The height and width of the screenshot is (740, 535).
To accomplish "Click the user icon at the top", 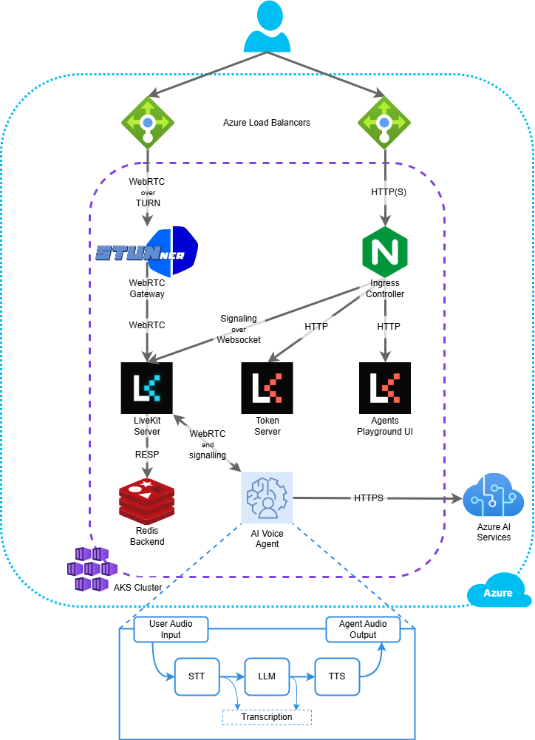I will coord(267,27).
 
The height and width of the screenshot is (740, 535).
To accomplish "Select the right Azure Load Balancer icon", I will coord(384,121).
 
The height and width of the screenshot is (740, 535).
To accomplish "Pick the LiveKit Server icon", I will coord(146,387).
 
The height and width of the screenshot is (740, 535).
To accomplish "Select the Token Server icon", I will coord(267,387).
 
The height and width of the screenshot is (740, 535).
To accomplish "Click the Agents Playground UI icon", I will coord(384,387).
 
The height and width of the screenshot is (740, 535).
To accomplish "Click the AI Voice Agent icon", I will coord(267,498).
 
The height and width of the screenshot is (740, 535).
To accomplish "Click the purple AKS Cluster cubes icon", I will coord(91,569).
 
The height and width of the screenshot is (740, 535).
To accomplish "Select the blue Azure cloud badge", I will coord(498,592).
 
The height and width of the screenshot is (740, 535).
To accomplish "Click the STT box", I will coord(197,676).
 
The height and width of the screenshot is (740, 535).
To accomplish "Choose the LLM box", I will coord(267,676).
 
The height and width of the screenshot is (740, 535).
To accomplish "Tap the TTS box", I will coord(336,676).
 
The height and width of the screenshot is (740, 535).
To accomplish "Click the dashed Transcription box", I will coord(267,717).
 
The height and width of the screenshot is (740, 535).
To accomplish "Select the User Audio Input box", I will coord(171,629).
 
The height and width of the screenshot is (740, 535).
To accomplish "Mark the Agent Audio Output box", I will coord(362,629).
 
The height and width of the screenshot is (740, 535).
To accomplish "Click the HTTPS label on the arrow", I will coord(368,498).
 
